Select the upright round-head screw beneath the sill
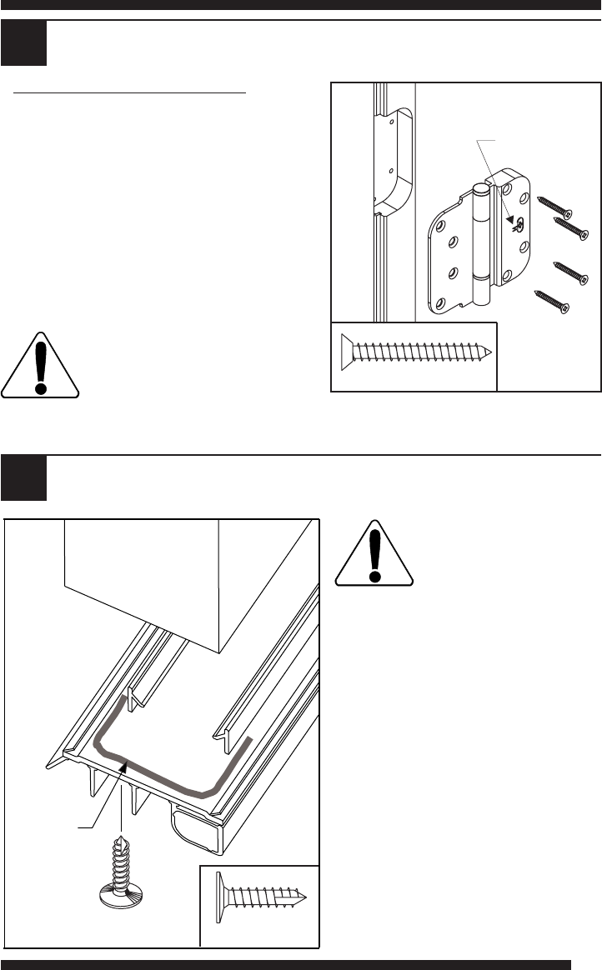(x=121, y=870)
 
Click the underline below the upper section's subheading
(x=132, y=93)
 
